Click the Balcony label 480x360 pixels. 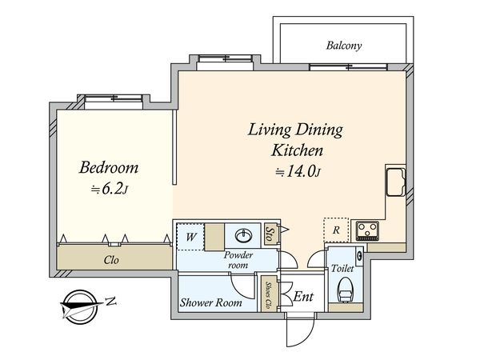(344, 46)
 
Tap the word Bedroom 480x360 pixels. (109, 167)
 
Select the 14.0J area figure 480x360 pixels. (298, 172)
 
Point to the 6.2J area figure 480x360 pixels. (110, 190)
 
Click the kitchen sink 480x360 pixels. (395, 182)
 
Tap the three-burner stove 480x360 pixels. (367, 230)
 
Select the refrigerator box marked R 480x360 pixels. (336, 230)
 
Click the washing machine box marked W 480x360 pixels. (190, 237)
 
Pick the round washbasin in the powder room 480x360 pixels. (244, 236)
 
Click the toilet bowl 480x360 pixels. (346, 290)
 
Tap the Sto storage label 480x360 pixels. (270, 234)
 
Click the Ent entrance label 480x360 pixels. (303, 296)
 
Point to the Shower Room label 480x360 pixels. (211, 302)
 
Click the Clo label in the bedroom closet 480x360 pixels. (111, 260)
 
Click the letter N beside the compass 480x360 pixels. (111, 302)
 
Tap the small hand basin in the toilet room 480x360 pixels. (359, 255)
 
